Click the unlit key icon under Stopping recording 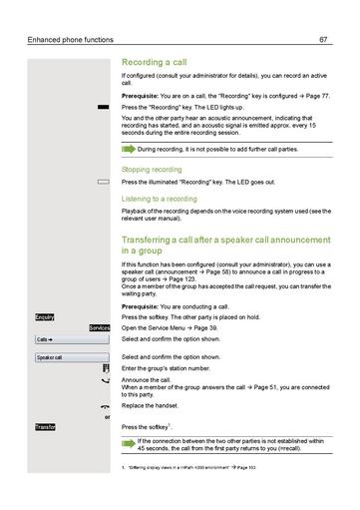point(103,183)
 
